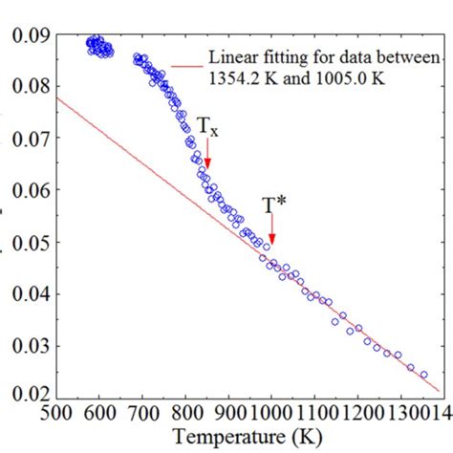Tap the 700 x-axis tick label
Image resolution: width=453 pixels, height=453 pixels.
coord(142,410)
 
